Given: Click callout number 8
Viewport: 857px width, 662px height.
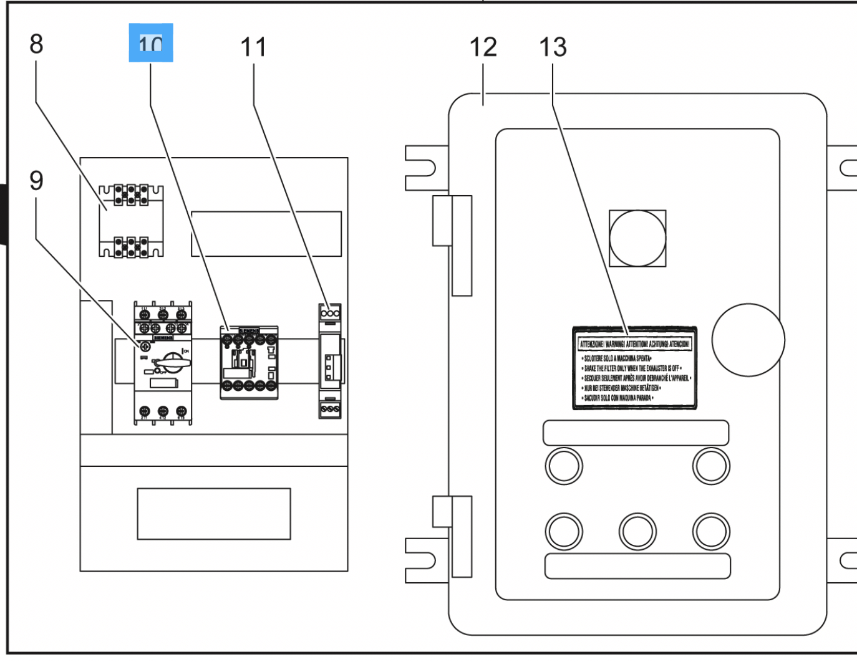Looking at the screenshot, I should tap(36, 44).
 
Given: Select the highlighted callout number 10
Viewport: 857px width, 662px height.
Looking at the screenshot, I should tap(151, 43).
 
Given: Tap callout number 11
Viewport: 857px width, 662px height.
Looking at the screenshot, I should tap(253, 47).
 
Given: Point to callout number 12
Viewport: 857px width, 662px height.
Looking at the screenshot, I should tap(483, 47).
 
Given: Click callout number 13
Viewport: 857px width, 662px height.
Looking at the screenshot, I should tap(553, 47).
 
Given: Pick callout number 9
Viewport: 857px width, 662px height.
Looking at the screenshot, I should tap(36, 181).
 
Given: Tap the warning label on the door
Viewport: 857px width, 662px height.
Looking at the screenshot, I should tap(634, 368).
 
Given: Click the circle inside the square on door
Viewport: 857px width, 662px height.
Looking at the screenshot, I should tap(637, 239).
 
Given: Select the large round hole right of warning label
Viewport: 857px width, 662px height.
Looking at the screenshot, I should tap(748, 340).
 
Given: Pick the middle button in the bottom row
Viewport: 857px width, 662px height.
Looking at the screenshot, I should tap(637, 532).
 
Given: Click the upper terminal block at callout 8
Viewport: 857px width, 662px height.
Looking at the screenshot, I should tap(131, 195).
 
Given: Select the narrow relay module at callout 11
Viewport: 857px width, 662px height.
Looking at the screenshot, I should tap(330, 361).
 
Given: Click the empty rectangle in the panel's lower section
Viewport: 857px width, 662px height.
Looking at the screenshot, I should tap(213, 514).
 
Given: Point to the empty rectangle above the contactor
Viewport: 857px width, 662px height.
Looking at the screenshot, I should tap(266, 234).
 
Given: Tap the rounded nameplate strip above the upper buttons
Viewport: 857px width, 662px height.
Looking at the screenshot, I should tap(636, 433).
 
